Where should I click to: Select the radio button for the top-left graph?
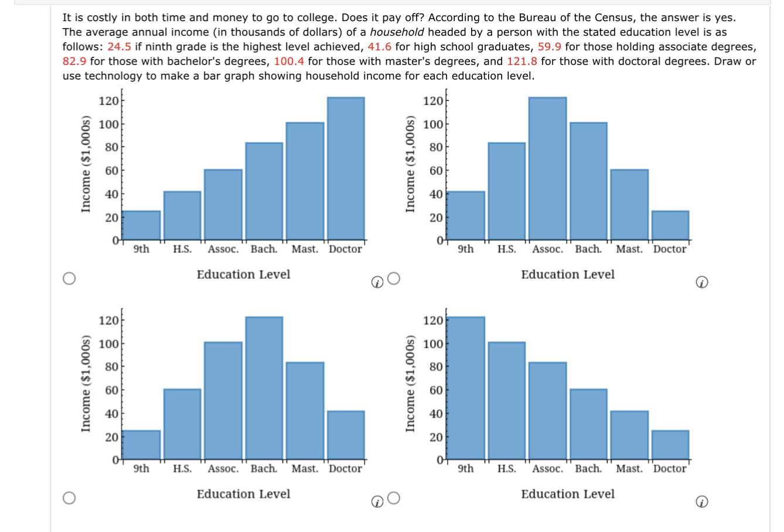(69, 278)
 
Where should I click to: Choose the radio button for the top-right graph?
(394, 278)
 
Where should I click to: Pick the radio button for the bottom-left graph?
(69, 498)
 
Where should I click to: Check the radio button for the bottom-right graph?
(394, 498)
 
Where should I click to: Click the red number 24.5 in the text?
(119, 47)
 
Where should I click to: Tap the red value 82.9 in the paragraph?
(74, 62)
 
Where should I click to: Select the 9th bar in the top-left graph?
(141, 226)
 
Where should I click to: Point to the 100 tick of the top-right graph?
(433, 124)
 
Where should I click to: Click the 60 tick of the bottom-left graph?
(111, 390)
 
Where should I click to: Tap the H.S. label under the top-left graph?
(182, 249)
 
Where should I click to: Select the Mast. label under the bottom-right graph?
(629, 469)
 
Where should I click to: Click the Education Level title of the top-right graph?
(568, 274)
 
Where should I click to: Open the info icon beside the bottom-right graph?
(701, 502)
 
